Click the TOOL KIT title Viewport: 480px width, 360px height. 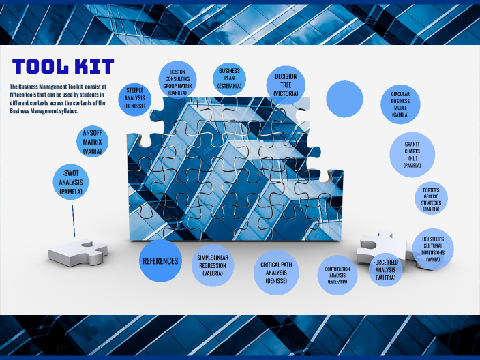63,66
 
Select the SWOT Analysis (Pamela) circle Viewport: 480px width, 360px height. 71,183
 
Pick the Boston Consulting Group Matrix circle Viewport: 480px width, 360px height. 178,81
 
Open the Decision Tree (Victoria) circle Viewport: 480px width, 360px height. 286,84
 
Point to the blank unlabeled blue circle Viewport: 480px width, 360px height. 344,98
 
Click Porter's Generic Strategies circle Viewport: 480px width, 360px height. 431,198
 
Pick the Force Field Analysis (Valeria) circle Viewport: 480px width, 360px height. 385,269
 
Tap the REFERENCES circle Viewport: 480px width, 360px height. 160,260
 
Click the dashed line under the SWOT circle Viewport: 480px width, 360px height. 73,218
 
